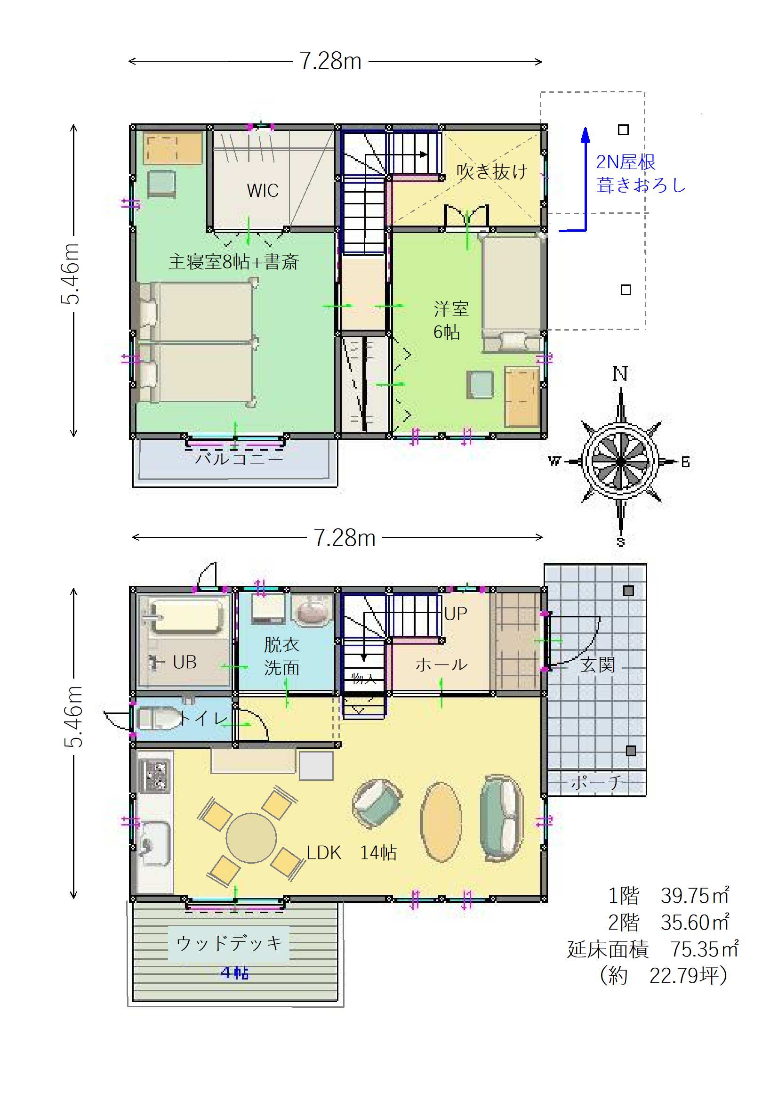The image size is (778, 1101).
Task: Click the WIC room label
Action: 263,190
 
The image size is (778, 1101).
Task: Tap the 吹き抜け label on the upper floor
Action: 492,171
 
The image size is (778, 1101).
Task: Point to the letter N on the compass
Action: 620,373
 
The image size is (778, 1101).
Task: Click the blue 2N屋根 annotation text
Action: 626,162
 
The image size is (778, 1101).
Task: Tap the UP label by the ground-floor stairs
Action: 456,614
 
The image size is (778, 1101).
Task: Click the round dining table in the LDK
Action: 251,838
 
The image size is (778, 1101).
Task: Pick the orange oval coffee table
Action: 441,822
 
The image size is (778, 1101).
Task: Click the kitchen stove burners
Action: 154,776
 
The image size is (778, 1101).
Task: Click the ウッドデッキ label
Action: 229,943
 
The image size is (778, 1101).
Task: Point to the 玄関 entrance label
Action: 598,664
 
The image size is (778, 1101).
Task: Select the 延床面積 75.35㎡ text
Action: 653,949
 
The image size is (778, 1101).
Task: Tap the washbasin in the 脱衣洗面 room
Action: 312,609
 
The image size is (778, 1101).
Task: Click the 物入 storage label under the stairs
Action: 363,678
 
